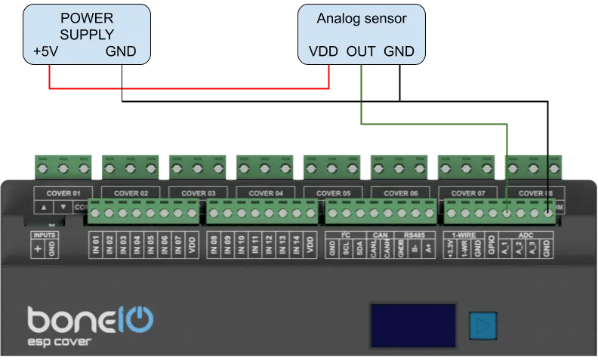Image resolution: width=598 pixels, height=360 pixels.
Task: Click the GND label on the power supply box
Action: coord(121,53)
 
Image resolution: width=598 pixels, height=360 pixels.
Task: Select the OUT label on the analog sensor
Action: coord(361,53)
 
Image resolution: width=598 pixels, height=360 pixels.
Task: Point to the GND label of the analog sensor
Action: coord(399,53)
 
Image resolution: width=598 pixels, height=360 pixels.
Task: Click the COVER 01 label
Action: coord(63,193)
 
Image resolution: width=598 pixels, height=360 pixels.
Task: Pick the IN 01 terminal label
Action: coord(96,244)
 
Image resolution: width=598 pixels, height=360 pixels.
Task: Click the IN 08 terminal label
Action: coord(214,244)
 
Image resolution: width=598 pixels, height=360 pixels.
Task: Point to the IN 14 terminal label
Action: coord(296,244)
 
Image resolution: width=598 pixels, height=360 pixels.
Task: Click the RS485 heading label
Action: coord(415,235)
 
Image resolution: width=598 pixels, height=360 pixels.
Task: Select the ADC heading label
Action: coord(526,235)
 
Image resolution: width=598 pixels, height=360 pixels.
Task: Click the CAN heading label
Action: coord(380,235)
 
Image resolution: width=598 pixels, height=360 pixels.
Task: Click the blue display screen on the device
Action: coord(412,325)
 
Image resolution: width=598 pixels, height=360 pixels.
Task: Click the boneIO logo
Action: coord(91,320)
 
